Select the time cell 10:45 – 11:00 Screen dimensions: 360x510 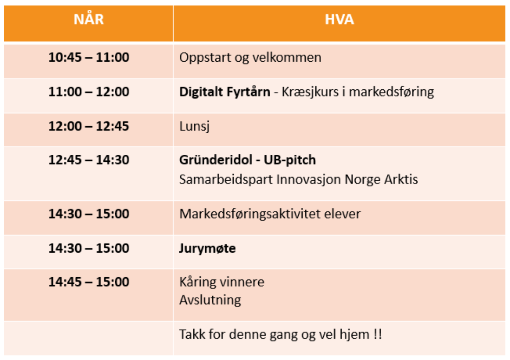tap(89, 57)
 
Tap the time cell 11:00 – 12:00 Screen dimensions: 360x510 tap(89, 91)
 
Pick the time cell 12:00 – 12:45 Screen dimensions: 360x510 tap(89, 125)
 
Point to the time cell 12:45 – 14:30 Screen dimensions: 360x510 tap(89, 160)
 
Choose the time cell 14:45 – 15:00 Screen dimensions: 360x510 tap(89, 282)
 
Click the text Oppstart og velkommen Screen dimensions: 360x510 tap(250, 57)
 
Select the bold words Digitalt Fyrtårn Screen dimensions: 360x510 tap(225, 92)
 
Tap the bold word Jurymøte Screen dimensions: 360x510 tap(207, 249)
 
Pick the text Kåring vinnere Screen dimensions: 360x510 tap(222, 282)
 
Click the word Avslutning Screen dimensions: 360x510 tap(210, 300)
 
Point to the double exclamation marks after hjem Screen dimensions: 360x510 tap(378, 334)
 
